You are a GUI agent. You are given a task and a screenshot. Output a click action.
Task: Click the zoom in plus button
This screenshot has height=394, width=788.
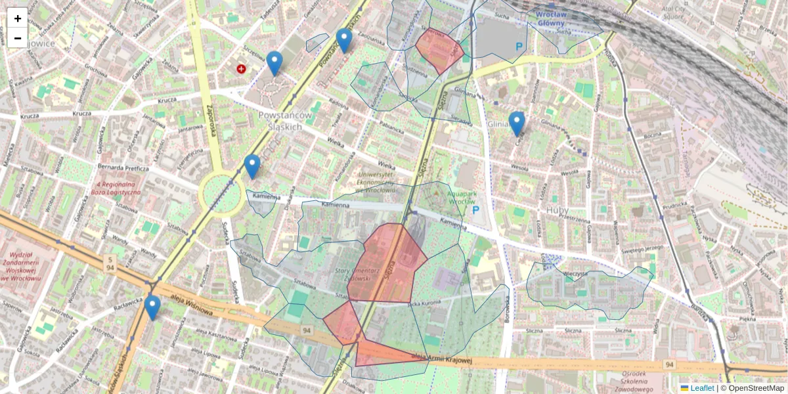18,18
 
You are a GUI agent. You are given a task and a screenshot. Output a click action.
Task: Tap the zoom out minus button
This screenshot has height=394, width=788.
18,38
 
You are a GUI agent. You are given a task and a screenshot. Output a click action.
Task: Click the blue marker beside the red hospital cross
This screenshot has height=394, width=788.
274,63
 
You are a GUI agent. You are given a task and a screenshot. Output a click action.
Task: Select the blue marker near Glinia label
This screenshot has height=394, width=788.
517,123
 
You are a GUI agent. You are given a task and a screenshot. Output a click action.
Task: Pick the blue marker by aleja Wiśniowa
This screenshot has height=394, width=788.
152,307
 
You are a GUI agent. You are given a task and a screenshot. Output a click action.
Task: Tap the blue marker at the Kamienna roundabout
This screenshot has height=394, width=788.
252,166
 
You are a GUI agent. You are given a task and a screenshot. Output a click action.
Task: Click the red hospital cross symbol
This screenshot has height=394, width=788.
242,68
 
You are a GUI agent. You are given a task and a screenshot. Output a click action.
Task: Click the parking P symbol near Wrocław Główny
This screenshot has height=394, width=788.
519,47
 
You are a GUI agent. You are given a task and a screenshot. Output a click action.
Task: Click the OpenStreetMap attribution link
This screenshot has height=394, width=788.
756,388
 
